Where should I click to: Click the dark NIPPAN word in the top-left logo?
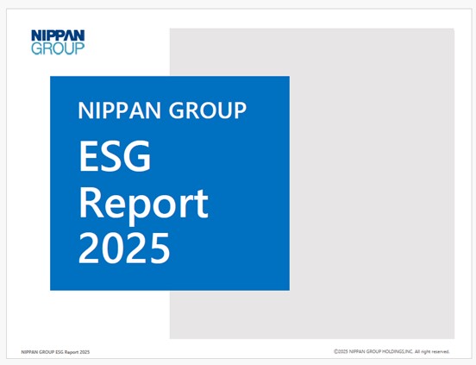click(58, 35)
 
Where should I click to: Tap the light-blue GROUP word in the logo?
click(58, 48)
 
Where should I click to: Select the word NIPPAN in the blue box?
click(119, 110)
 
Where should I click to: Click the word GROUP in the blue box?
click(207, 110)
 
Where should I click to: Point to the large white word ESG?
click(115, 156)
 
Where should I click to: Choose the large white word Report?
click(144, 204)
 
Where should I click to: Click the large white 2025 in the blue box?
click(124, 249)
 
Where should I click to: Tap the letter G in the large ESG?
click(138, 156)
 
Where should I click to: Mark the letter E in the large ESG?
click(88, 156)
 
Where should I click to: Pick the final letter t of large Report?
click(201, 204)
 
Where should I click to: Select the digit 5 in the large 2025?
click(158, 249)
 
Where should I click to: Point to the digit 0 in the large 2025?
click(113, 249)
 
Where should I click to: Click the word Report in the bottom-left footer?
click(72, 352)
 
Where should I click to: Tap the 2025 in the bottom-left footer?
click(85, 352)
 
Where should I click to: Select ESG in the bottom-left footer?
click(60, 352)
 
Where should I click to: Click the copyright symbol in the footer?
click(335, 352)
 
